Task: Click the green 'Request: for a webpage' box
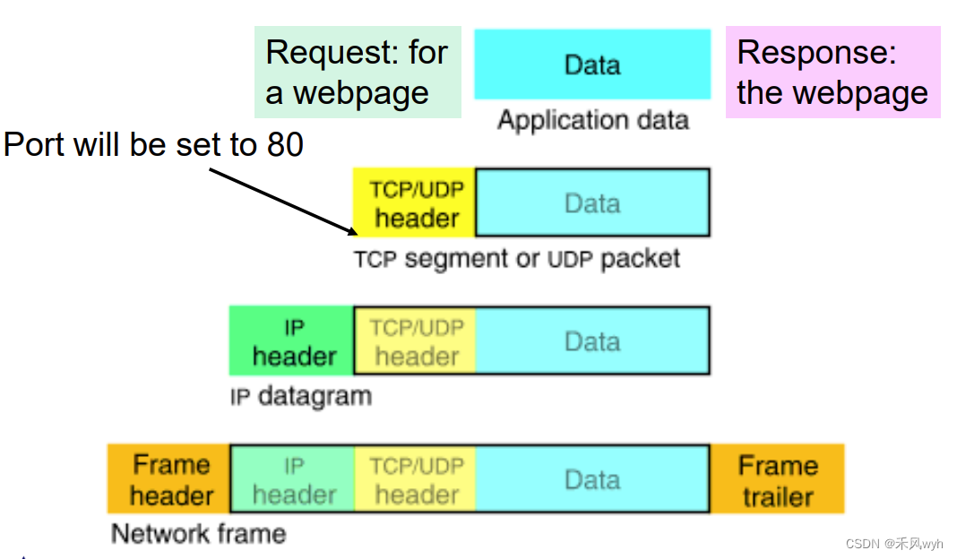pos(357,73)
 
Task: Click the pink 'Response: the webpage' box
pos(832,73)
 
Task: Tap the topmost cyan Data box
pos(591,64)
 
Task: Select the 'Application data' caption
pos(592,120)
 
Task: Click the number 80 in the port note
pos(285,144)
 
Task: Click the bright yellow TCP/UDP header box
pos(415,203)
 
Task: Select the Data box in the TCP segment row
pos(591,203)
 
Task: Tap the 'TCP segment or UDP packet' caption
pos(516,260)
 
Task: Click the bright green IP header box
pos(292,341)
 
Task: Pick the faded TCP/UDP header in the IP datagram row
pos(415,341)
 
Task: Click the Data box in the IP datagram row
pos(591,341)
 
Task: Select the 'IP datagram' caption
pos(300,396)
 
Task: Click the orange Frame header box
pos(169,479)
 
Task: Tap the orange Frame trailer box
pos(777,479)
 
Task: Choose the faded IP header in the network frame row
pos(292,479)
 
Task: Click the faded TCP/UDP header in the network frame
pos(415,479)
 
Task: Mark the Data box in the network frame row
pos(591,479)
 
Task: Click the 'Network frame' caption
pos(198,534)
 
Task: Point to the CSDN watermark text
pos(893,544)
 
